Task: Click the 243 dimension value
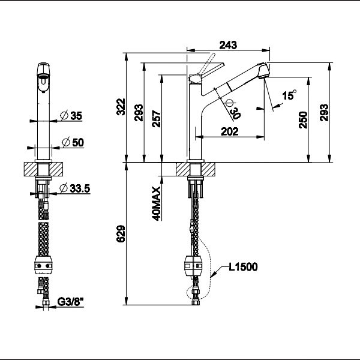point(228,44)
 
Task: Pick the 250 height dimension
point(302,119)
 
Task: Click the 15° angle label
point(289,95)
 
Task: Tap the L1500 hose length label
point(242,268)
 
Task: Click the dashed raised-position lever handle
point(209,61)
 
